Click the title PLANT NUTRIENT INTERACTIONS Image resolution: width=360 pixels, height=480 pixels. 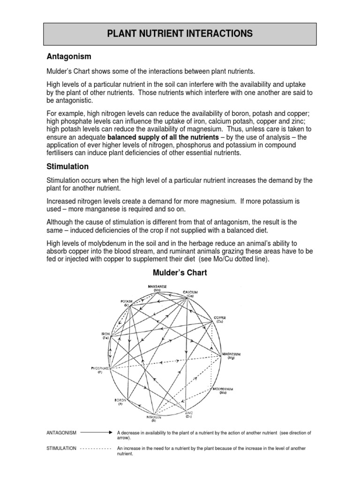pyautogui.click(x=180, y=34)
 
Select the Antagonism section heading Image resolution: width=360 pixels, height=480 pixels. pyautogui.click(x=68, y=57)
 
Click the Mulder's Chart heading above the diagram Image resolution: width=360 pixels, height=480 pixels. pyautogui.click(x=180, y=272)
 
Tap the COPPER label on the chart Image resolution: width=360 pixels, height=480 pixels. pyautogui.click(x=220, y=319)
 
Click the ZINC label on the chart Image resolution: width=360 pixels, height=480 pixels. pyautogui.click(x=188, y=414)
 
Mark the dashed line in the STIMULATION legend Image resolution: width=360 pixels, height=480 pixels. pyautogui.click(x=96, y=449)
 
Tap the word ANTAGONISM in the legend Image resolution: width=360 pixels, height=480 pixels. pyautogui.click(x=62, y=432)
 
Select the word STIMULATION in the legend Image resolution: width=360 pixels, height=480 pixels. pyautogui.click(x=61, y=449)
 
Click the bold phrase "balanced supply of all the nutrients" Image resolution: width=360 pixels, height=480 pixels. pyautogui.click(x=163, y=137)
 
